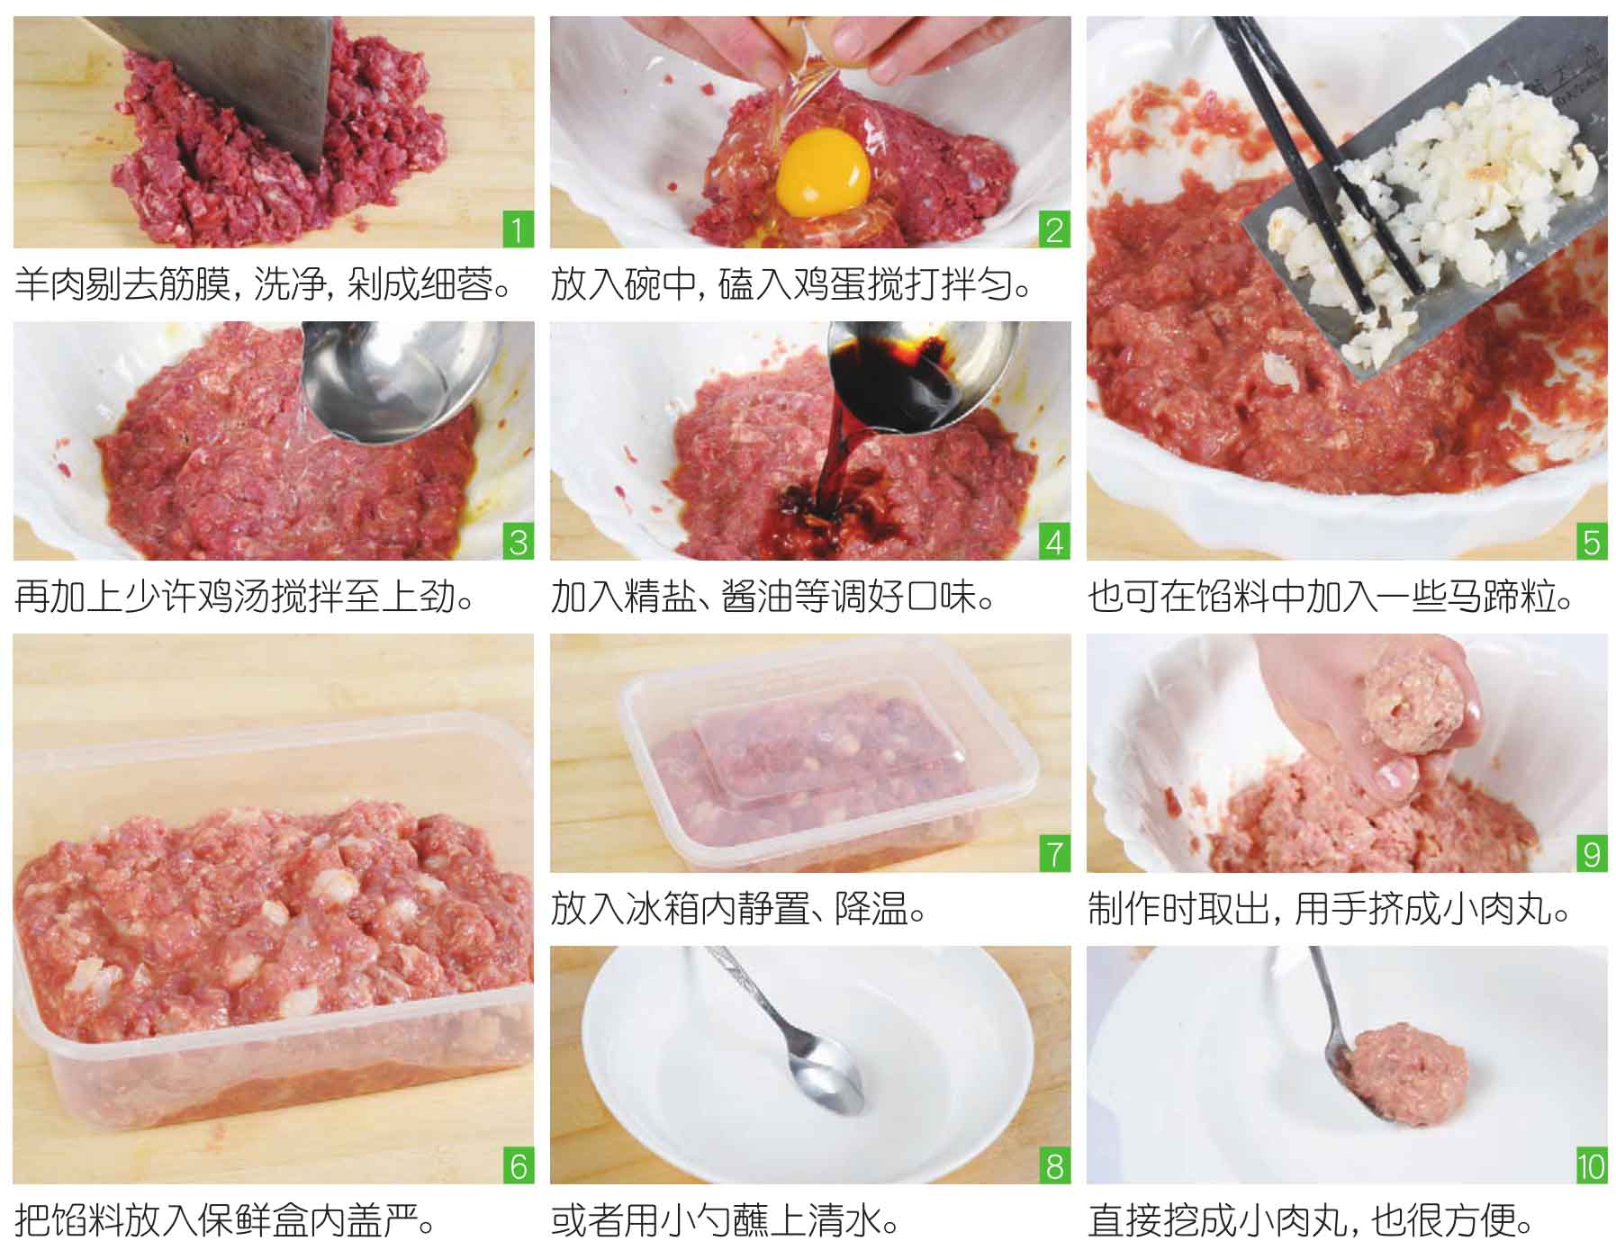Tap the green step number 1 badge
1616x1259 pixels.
(x=518, y=230)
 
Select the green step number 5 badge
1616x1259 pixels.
(x=1592, y=543)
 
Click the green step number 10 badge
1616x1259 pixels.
(x=1592, y=1166)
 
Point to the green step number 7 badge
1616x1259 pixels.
(x=1055, y=854)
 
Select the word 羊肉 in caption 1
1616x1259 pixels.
(x=50, y=285)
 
